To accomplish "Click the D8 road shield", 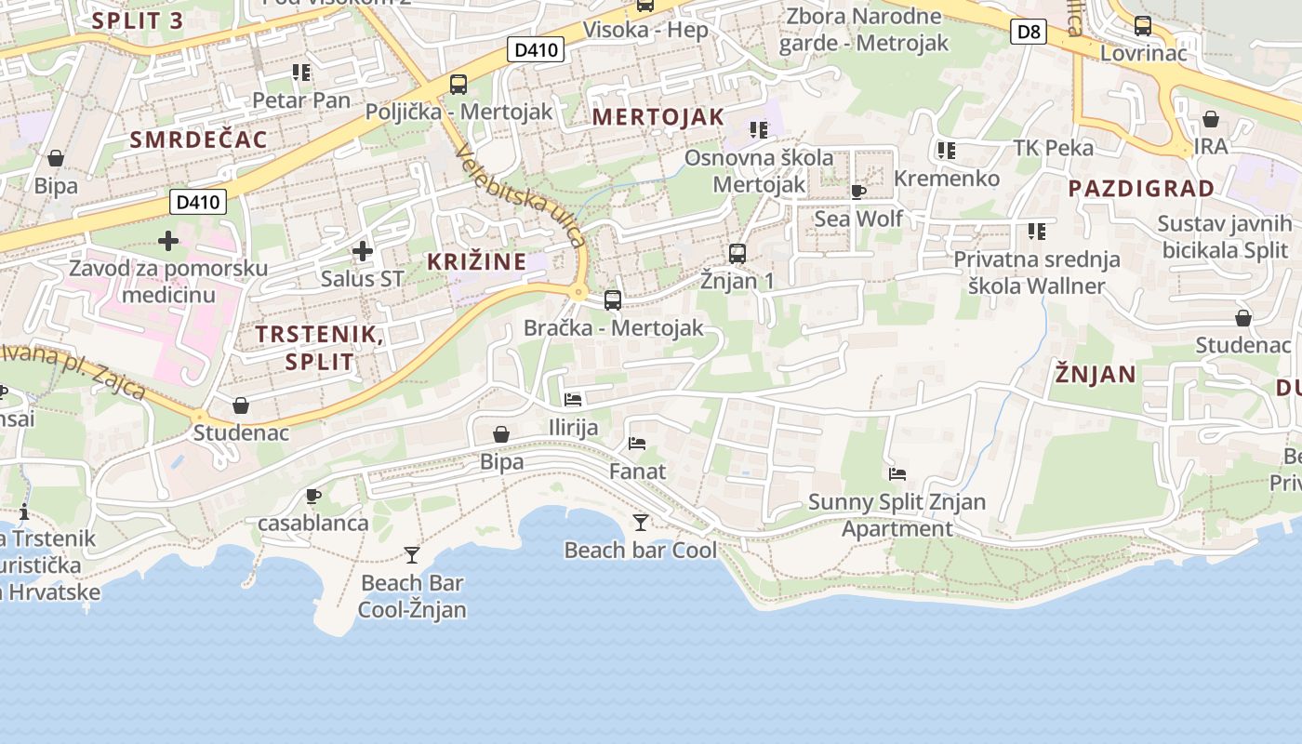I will (x=1029, y=33).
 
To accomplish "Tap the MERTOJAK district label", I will (x=658, y=117).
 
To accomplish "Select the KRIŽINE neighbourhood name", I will (x=477, y=262).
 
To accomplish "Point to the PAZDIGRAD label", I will (x=1141, y=189).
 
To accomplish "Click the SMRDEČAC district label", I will (x=199, y=140).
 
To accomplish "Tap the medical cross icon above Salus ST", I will (x=363, y=251).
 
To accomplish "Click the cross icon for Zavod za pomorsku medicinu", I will (x=168, y=242).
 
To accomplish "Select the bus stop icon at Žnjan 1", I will (x=737, y=253).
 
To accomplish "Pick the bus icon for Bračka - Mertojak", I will (x=613, y=300).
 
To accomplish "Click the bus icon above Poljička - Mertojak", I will (x=458, y=85).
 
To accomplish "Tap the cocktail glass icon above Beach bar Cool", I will (x=640, y=523).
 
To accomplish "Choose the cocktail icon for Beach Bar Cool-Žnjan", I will (x=412, y=555).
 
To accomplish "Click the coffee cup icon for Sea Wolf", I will (x=857, y=192).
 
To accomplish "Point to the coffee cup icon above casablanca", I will (x=313, y=496).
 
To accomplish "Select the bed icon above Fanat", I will (x=637, y=444).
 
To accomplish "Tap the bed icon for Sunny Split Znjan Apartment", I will (x=897, y=474).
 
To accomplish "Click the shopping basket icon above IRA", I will (x=1211, y=119).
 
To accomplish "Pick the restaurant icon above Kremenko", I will (x=947, y=151).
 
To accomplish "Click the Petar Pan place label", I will (x=302, y=100).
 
